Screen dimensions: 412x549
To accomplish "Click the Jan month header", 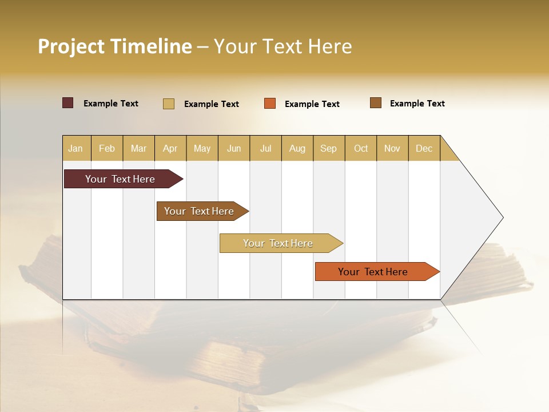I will [x=76, y=148].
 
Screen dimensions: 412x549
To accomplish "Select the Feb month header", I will [x=107, y=148].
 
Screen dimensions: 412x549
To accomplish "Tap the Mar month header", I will [x=138, y=148].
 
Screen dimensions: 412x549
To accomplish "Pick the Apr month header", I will [x=170, y=148].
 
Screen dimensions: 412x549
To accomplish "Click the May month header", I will [x=202, y=148].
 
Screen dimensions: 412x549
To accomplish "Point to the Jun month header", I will [x=234, y=148].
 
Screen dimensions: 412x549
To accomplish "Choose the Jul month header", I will [x=265, y=148].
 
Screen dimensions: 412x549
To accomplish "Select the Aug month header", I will [x=297, y=148].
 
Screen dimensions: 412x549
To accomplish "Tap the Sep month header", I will [x=329, y=148].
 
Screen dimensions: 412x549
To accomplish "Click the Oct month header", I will [x=361, y=148].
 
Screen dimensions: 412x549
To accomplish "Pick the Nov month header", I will [x=392, y=148].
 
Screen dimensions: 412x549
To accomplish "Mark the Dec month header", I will [x=424, y=148].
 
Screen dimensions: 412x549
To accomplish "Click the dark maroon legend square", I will [x=68, y=103].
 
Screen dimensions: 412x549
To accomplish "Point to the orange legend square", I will [x=270, y=104].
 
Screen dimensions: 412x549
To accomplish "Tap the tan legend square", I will [x=169, y=104].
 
